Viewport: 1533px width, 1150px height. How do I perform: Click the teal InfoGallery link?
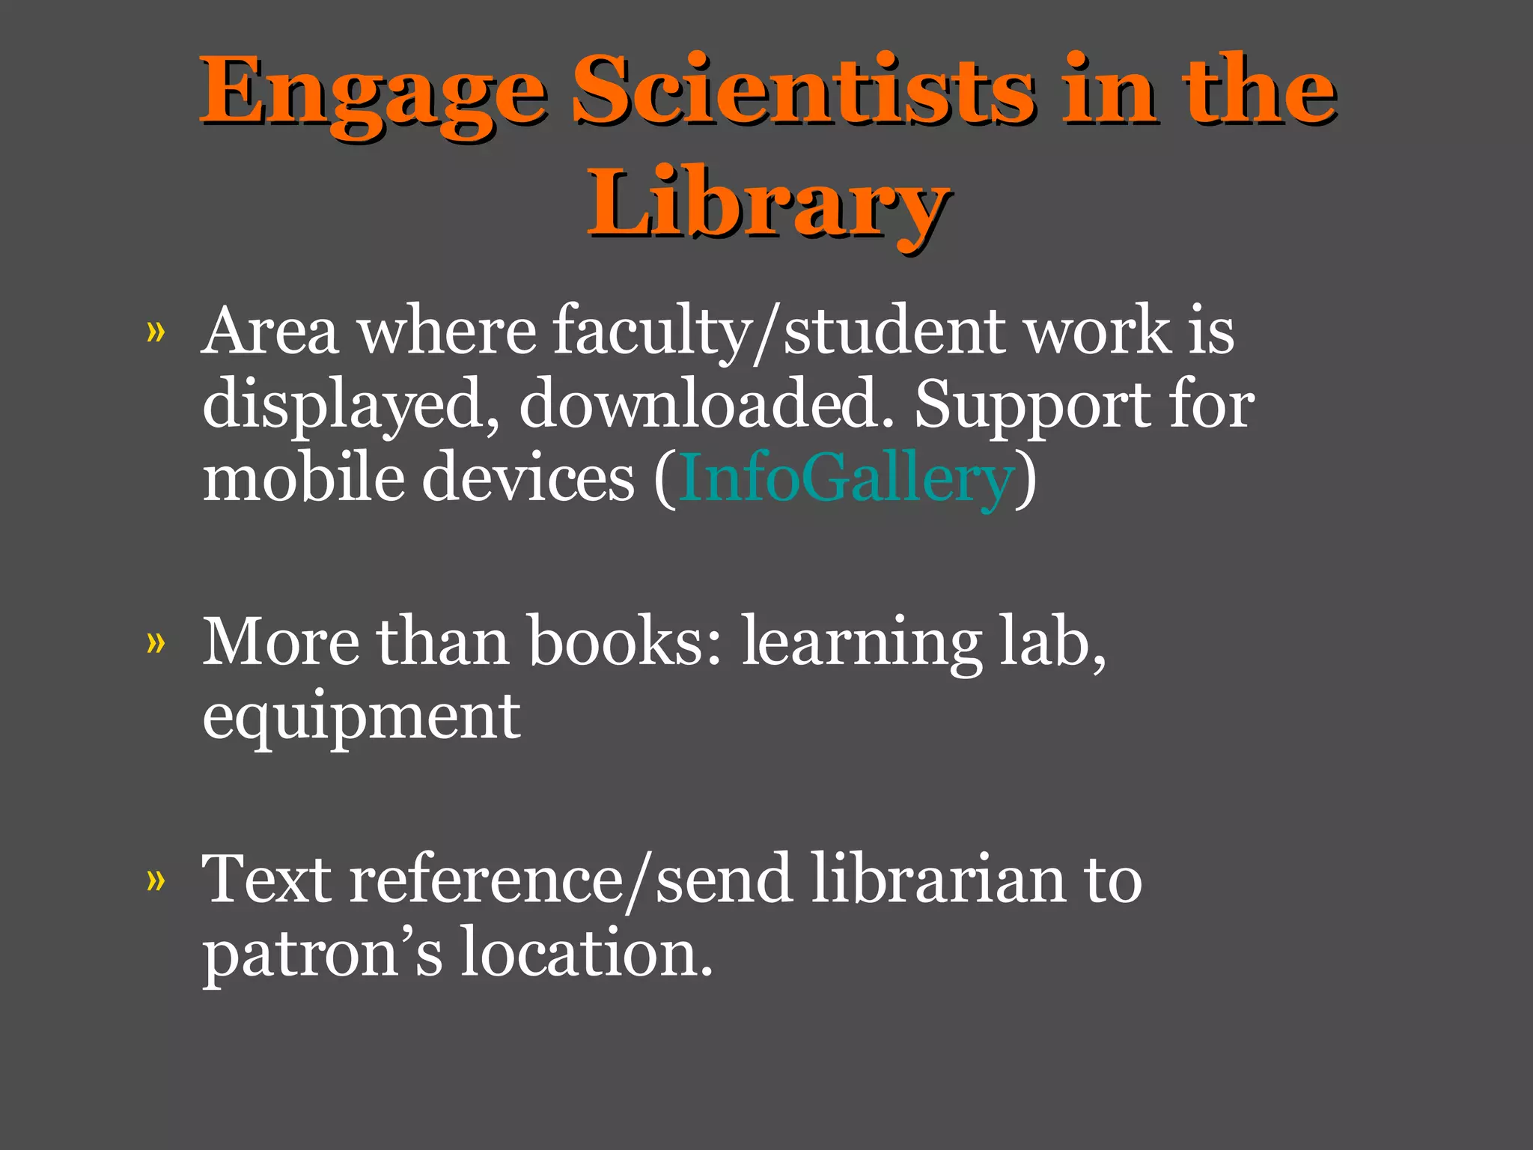click(x=846, y=479)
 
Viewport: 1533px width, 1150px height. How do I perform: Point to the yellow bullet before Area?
click(x=156, y=332)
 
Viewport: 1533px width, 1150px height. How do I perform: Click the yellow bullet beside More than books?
click(x=156, y=642)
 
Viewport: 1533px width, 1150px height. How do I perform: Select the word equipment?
click(x=362, y=717)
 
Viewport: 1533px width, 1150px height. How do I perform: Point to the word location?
click(x=586, y=952)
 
